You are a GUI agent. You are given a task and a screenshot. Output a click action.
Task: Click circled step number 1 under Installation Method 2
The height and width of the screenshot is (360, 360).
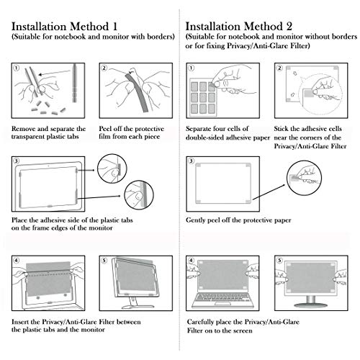coord(191,69)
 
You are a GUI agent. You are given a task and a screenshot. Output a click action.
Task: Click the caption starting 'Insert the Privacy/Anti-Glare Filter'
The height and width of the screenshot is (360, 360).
coord(76,325)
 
